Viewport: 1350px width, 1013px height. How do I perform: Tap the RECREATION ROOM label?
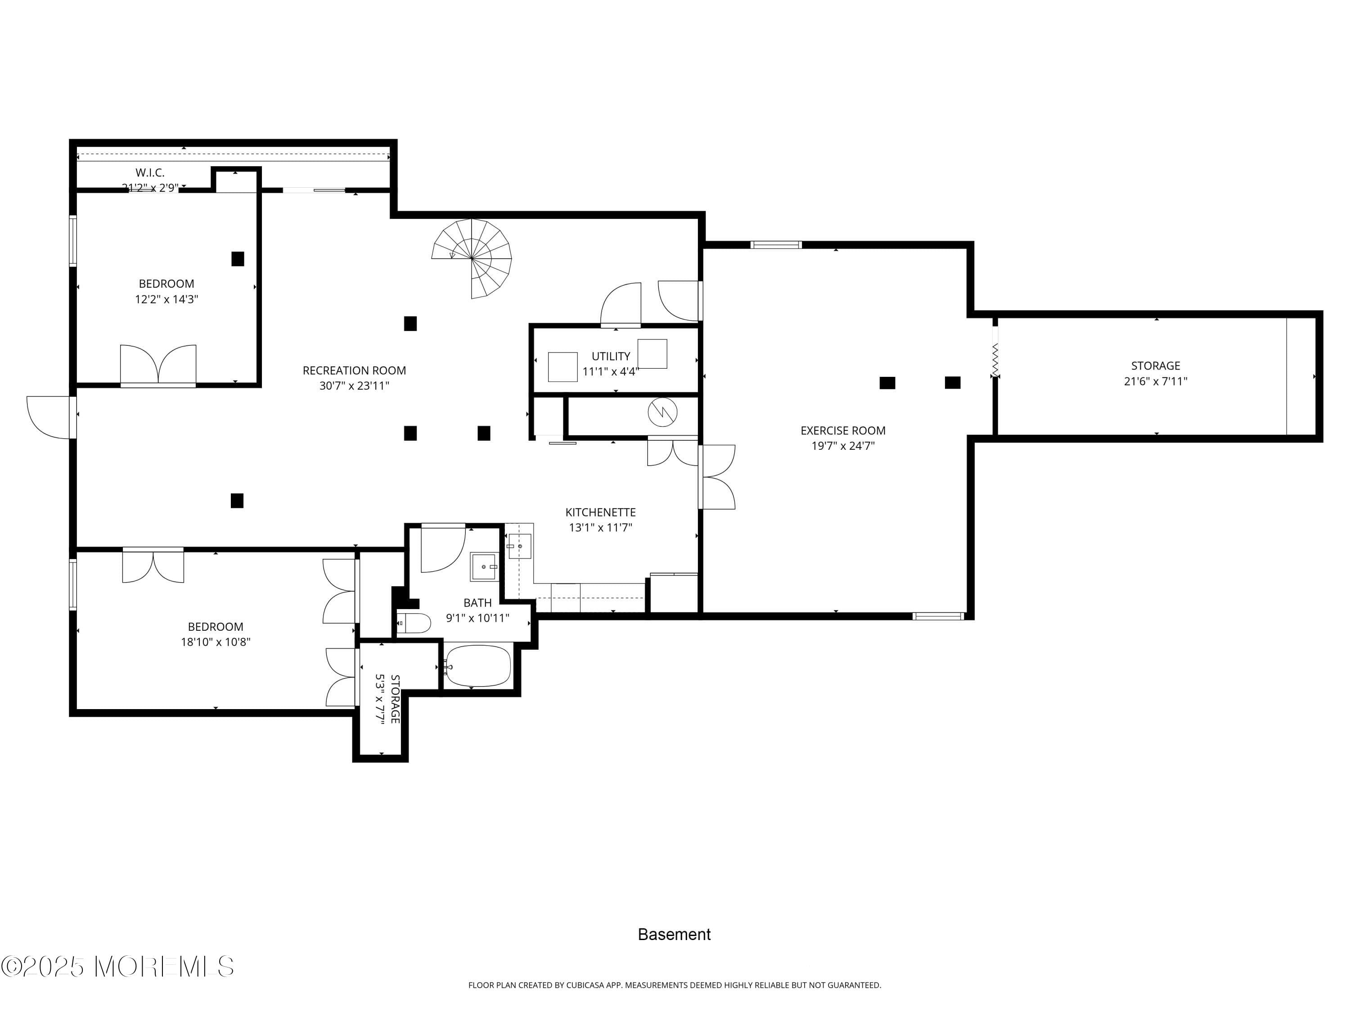(354, 371)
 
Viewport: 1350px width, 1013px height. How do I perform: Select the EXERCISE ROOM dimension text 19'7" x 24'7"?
(843, 446)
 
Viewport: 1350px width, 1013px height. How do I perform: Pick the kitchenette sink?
(519, 546)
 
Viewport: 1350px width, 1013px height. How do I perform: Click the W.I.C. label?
(150, 173)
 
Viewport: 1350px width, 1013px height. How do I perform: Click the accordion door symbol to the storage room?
(995, 360)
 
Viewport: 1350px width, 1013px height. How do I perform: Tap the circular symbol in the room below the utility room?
(662, 413)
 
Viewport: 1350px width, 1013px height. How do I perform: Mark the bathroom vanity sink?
(484, 567)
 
